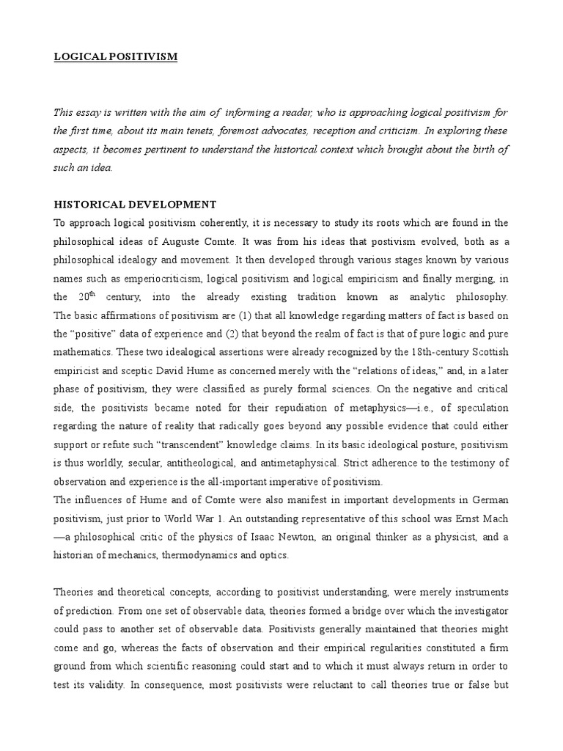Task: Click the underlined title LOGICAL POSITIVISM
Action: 116,56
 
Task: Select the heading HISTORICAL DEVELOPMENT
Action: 135,204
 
